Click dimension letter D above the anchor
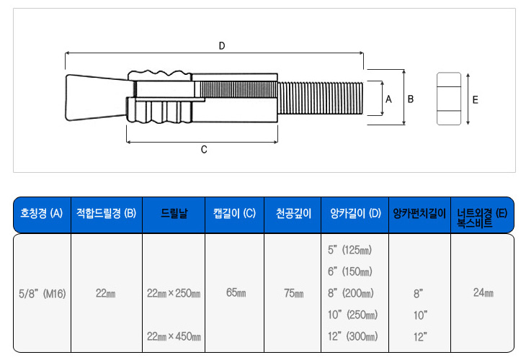(222, 46)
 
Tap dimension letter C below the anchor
(204, 150)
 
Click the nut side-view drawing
(449, 99)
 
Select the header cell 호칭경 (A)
(42, 214)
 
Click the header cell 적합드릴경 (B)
(106, 214)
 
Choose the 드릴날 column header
(174, 214)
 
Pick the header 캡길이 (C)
(234, 214)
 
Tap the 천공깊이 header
(293, 214)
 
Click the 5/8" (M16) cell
(42, 294)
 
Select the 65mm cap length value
(235, 294)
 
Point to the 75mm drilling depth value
(293, 294)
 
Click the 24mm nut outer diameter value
(483, 294)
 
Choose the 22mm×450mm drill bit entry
(174, 336)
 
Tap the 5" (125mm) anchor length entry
(349, 251)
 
